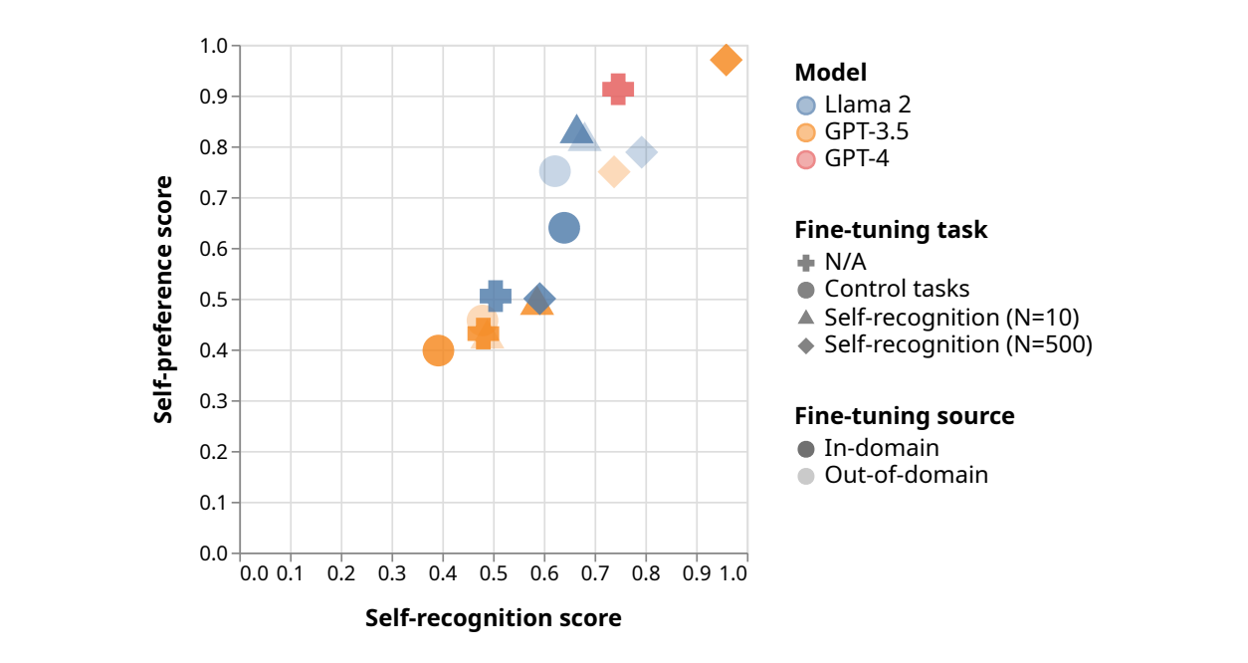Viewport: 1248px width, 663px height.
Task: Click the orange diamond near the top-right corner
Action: pyautogui.click(x=727, y=60)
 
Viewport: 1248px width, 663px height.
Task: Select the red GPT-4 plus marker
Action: pyautogui.click(x=618, y=89)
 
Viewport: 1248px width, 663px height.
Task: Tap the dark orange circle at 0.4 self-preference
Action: pyautogui.click(x=438, y=350)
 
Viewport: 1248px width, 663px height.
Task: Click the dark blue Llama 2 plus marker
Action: pyautogui.click(x=496, y=295)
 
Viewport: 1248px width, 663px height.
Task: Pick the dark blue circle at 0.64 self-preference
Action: pyautogui.click(x=564, y=228)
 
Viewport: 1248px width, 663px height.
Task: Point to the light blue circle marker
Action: pyautogui.click(x=554, y=171)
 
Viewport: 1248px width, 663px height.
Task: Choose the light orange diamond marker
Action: pyautogui.click(x=614, y=171)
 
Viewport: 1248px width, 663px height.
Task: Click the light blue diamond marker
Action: pyautogui.click(x=642, y=152)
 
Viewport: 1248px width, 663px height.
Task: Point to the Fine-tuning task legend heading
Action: pyautogui.click(x=891, y=230)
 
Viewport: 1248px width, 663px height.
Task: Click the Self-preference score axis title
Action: pyautogui.click(x=163, y=300)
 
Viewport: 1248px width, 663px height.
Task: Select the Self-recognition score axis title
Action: pyautogui.click(x=494, y=618)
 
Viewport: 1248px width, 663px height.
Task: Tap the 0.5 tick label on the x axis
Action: pyautogui.click(x=494, y=573)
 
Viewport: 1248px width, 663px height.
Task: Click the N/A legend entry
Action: pyautogui.click(x=846, y=263)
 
